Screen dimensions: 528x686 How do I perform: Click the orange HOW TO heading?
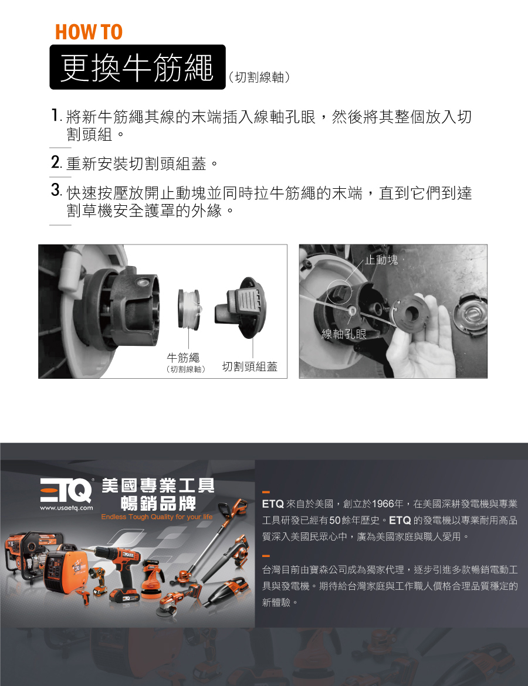click(89, 32)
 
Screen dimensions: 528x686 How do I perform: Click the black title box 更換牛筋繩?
click(137, 67)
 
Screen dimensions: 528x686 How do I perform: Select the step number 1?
click(55, 116)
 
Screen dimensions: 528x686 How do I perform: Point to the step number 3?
click(56, 191)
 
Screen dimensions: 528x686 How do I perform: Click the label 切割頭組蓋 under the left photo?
click(249, 366)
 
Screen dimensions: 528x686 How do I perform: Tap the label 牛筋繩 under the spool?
click(183, 358)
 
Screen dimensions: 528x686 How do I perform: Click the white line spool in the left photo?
click(189, 309)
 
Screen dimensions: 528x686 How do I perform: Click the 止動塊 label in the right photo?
click(381, 260)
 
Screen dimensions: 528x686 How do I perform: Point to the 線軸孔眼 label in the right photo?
click(344, 334)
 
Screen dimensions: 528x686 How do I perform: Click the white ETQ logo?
click(66, 490)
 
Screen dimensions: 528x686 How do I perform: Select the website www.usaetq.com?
click(66, 508)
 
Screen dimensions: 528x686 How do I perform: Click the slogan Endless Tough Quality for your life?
click(157, 517)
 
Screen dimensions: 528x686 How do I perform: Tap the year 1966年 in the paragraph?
click(387, 504)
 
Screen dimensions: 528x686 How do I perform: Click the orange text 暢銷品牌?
click(158, 504)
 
